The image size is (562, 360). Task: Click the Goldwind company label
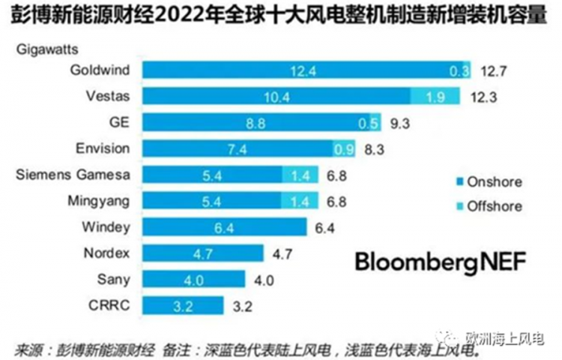pyautogui.click(x=100, y=70)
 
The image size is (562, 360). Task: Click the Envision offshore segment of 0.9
pyautogui.click(x=345, y=148)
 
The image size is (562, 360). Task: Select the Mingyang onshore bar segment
pyautogui.click(x=212, y=201)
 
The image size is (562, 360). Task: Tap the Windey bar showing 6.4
pyautogui.click(x=224, y=227)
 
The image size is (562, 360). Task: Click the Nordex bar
pyautogui.click(x=202, y=253)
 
